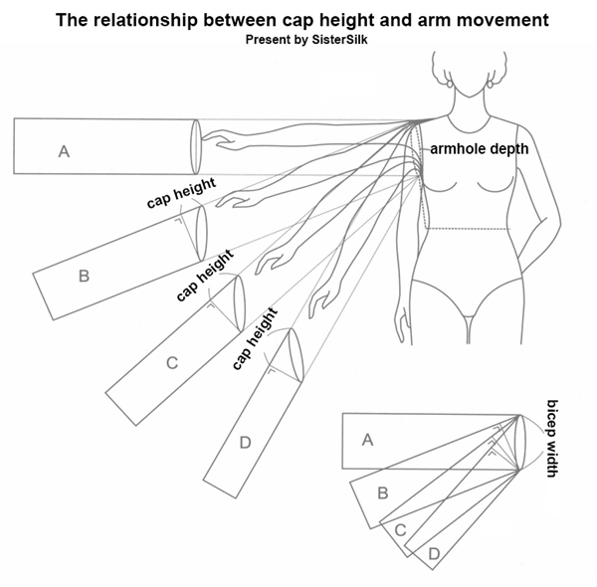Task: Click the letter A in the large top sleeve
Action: pos(64,151)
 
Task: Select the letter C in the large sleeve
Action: pos(171,363)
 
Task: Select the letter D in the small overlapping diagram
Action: pos(434,552)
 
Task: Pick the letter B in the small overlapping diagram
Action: pos(382,492)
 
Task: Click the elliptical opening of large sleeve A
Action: pos(195,145)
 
